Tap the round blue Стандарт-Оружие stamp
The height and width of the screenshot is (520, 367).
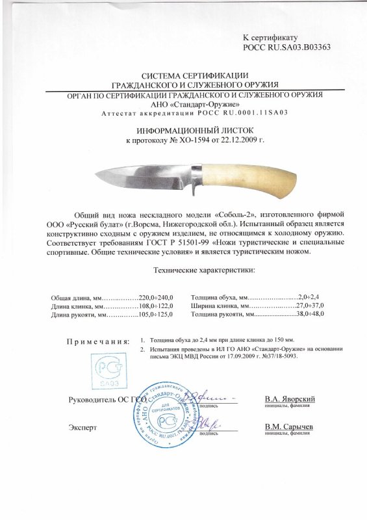click(165, 413)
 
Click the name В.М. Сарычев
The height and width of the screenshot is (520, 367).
click(290, 427)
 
